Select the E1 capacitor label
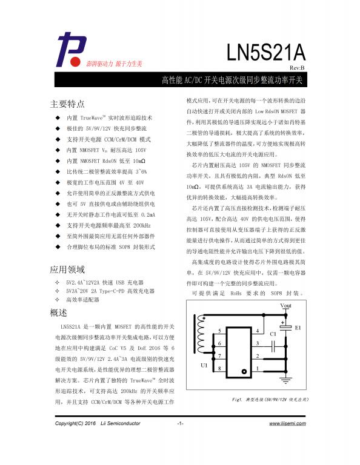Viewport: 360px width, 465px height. point(298,328)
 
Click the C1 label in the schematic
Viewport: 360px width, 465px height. point(273,334)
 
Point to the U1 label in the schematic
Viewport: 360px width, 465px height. point(203,366)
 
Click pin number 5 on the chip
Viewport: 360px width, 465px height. point(219,331)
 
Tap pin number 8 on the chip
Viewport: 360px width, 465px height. point(219,368)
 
